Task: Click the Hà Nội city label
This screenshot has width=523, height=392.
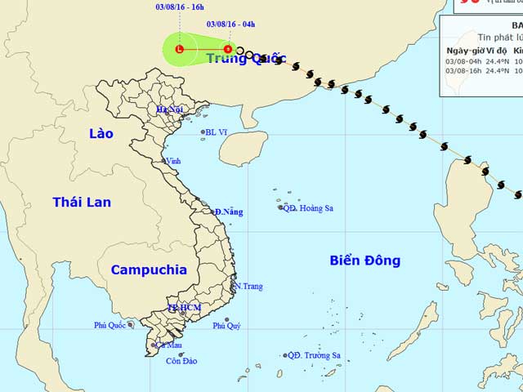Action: pos(168,109)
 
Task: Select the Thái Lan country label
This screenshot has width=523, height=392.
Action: pos(82,202)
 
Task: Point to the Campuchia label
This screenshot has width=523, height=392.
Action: pos(149,269)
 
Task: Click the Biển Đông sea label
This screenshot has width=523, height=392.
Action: pos(365,261)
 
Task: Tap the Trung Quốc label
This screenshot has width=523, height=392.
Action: pos(246,58)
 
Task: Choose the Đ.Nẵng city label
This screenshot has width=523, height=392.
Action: pos(229,212)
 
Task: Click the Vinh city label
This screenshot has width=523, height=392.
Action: pos(173,162)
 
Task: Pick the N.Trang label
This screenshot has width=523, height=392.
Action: pos(248,287)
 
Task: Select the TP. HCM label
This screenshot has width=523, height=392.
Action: pos(184,308)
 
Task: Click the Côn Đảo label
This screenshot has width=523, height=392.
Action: pos(181,361)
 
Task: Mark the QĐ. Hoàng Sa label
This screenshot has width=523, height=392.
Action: pos(308,208)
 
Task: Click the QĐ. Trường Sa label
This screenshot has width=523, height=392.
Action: pos(315,355)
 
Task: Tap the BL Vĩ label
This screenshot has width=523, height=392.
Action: pos(217,131)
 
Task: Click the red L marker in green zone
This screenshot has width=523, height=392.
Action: pos(179,49)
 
